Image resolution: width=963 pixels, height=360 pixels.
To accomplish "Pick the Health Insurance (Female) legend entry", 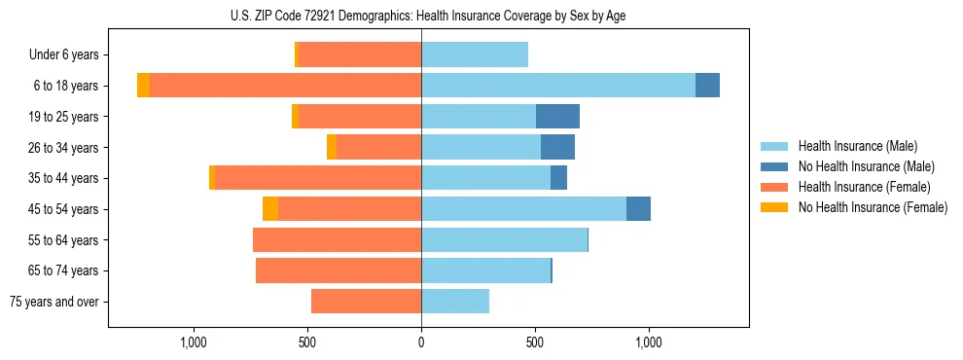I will (864, 187).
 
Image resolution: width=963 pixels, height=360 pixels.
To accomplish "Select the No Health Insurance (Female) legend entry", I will (873, 207).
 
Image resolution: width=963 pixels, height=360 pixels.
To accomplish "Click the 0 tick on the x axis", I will (421, 342).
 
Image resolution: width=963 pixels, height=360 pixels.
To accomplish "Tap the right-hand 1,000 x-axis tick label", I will (649, 342).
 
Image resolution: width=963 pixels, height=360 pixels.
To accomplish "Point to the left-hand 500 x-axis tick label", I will (307, 342).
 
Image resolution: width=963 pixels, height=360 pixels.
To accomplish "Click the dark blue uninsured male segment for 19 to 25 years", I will (557, 117).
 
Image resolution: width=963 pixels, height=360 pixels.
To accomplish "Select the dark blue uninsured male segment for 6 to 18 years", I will (707, 86).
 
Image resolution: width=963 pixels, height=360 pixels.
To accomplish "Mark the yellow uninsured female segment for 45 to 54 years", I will (270, 209).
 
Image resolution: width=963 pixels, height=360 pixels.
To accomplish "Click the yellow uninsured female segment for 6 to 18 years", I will (144, 86).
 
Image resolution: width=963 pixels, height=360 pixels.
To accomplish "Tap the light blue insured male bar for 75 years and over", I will (455, 302).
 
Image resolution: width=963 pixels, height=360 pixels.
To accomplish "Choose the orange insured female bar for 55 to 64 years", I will (337, 240).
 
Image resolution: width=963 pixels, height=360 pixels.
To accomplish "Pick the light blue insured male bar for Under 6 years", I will (475, 54).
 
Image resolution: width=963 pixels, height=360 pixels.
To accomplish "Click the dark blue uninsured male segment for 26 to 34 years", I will (557, 148).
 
